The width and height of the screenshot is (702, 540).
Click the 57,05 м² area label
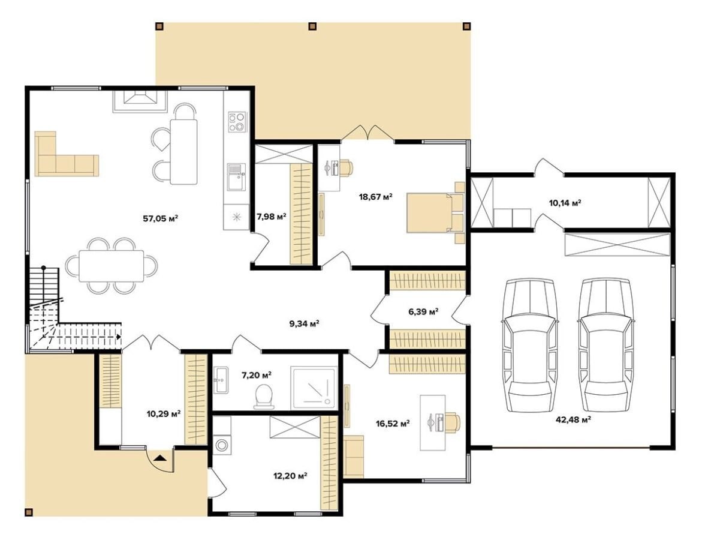pos(161,218)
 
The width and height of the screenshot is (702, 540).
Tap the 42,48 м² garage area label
pos(573,419)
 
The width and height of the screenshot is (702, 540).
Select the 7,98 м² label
pos(272,217)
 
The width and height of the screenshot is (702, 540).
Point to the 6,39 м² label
pos(423,311)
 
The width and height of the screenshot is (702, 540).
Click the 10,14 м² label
pos(565,203)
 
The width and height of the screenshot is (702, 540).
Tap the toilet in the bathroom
pos(264,396)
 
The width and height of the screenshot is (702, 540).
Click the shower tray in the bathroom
pos(314,388)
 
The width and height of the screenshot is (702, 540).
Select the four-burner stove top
pos(237,122)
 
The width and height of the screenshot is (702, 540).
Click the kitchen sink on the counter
pos(237,176)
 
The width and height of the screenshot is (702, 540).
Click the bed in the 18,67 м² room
pos(436,212)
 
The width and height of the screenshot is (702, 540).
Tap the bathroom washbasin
pos(221,380)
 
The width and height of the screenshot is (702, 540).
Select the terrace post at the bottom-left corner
pos(29,512)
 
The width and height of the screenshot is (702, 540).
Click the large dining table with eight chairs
pos(112,266)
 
